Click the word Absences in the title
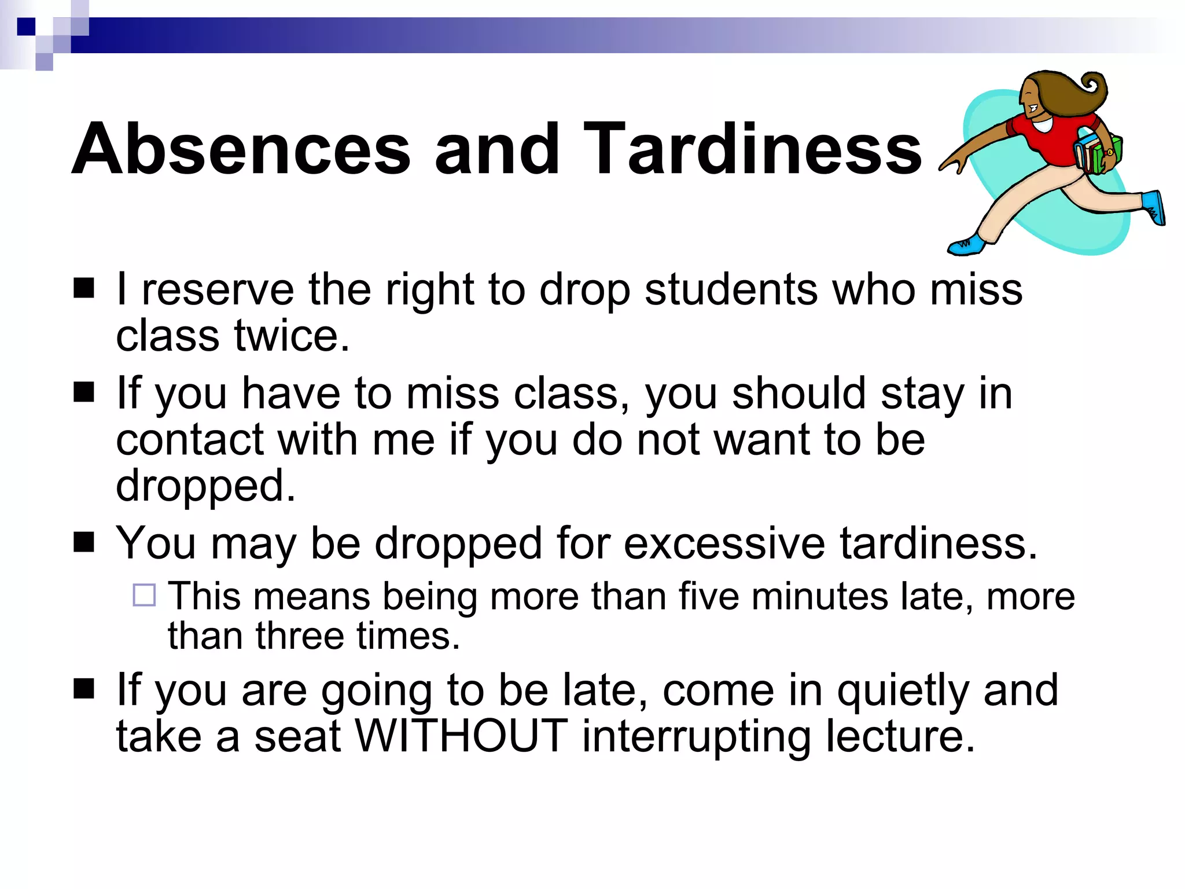click(x=241, y=149)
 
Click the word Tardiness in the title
click(x=752, y=149)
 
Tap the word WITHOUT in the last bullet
click(x=461, y=736)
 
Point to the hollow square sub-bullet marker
click(x=144, y=595)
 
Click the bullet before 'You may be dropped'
click(x=84, y=542)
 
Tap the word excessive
click(x=724, y=544)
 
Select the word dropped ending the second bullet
click(x=205, y=486)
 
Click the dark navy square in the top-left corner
click(x=26, y=27)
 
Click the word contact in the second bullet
click(x=190, y=440)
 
